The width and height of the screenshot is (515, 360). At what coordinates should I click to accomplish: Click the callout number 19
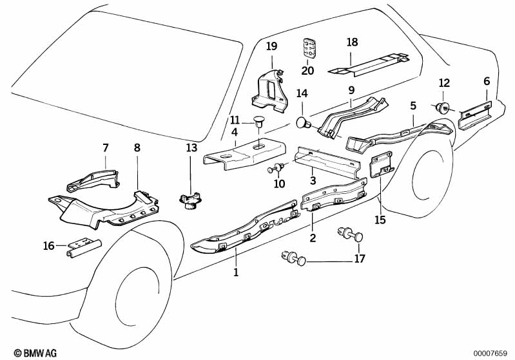[271, 46]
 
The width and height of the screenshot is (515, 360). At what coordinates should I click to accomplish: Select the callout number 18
[352, 42]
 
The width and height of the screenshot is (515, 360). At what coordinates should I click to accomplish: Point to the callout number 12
[444, 82]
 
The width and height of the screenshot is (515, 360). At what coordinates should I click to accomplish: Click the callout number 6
[487, 81]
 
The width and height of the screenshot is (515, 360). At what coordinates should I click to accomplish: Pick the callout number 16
[48, 245]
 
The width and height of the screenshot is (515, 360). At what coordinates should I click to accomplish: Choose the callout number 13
[191, 148]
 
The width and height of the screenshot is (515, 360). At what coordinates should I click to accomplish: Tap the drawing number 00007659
[491, 352]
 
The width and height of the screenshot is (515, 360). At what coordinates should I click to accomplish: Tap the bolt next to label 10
[277, 169]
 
